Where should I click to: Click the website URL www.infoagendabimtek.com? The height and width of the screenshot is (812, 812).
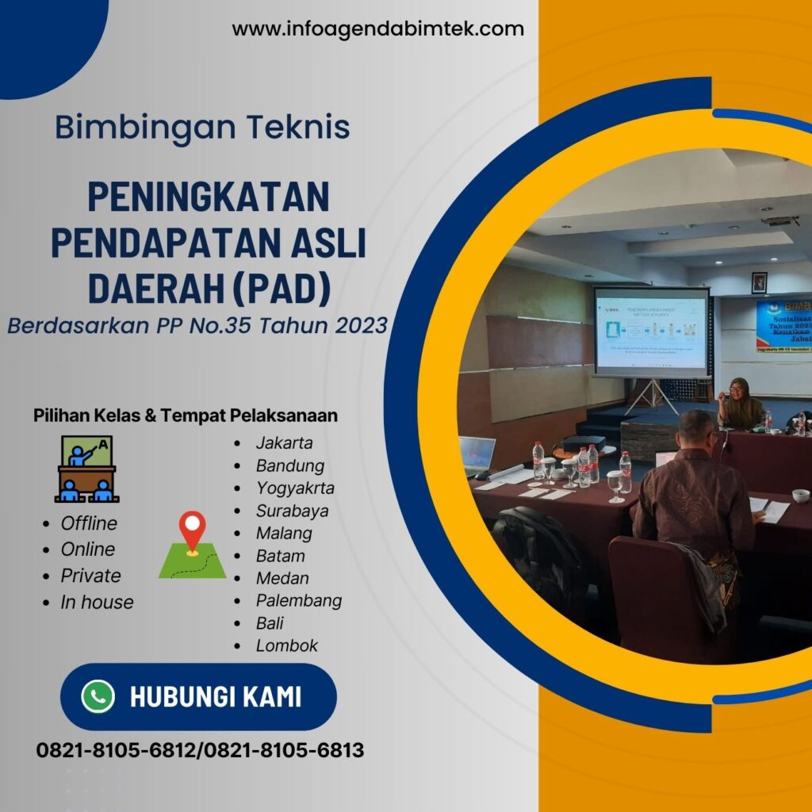point(377,29)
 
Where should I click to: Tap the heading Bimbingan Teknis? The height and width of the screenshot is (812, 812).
point(202,128)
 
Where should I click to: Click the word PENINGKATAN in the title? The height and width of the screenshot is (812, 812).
point(208,197)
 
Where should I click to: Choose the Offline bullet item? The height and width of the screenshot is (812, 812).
point(88,523)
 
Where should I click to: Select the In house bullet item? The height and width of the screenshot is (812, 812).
point(97,602)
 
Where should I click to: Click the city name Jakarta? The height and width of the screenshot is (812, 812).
point(284,443)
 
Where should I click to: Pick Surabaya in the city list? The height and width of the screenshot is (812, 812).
point(292,511)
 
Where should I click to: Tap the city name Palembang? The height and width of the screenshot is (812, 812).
point(298,600)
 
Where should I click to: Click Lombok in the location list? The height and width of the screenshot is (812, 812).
point(286,645)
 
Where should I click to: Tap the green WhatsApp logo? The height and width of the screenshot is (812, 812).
point(98,697)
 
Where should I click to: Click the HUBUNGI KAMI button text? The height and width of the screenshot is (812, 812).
point(215,697)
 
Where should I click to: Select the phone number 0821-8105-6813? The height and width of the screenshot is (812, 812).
point(284,750)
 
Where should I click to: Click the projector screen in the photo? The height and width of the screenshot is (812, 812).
point(651,331)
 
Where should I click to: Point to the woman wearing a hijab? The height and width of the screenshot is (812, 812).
point(740,404)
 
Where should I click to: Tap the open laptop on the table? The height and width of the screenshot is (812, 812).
point(477,454)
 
